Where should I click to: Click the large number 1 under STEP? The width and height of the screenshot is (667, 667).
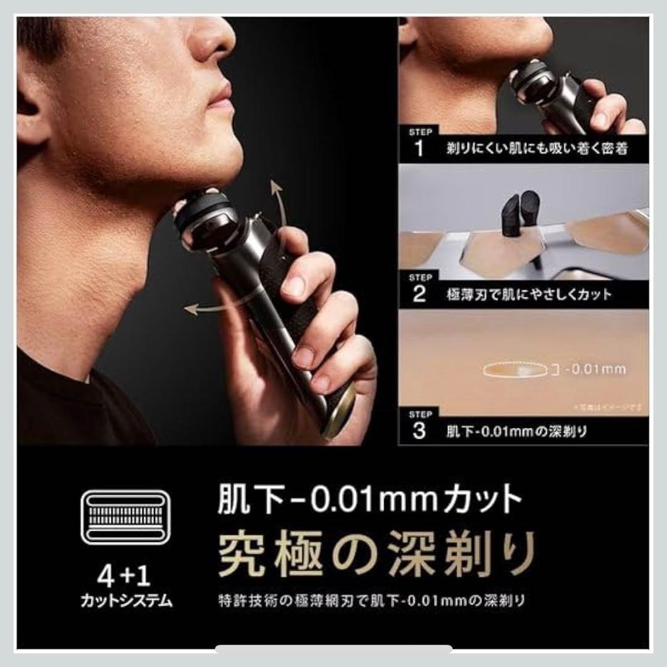pyautogui.click(x=420, y=148)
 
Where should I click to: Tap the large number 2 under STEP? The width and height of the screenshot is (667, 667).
pyautogui.click(x=420, y=293)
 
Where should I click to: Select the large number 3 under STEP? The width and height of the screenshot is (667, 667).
pyautogui.click(x=419, y=430)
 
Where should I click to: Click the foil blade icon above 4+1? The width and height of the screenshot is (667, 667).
pyautogui.click(x=125, y=517)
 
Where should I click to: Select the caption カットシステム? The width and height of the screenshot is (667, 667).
pyautogui.click(x=125, y=600)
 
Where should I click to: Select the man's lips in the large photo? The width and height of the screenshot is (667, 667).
pyautogui.click(x=219, y=99)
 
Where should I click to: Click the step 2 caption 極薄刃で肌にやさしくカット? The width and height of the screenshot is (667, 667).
pyautogui.click(x=529, y=293)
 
